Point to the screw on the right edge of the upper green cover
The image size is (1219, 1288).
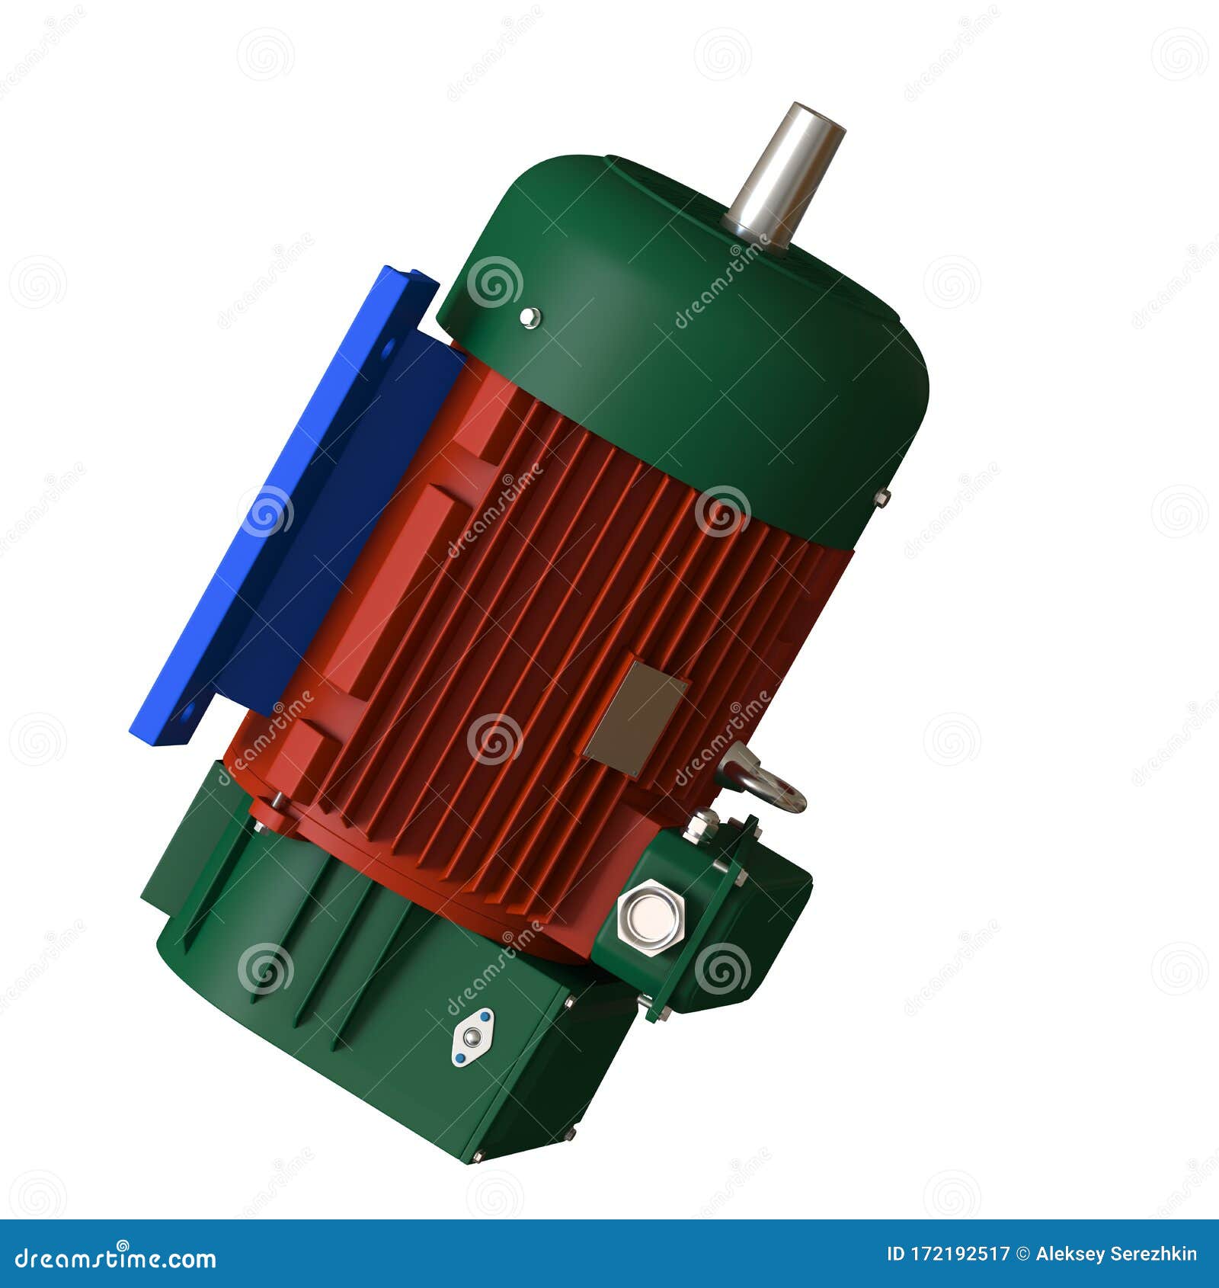[x=882, y=498]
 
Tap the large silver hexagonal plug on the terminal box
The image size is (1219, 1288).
[x=650, y=917]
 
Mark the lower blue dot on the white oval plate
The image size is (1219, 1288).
[x=458, y=1058]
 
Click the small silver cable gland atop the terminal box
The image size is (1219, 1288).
[x=700, y=824]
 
